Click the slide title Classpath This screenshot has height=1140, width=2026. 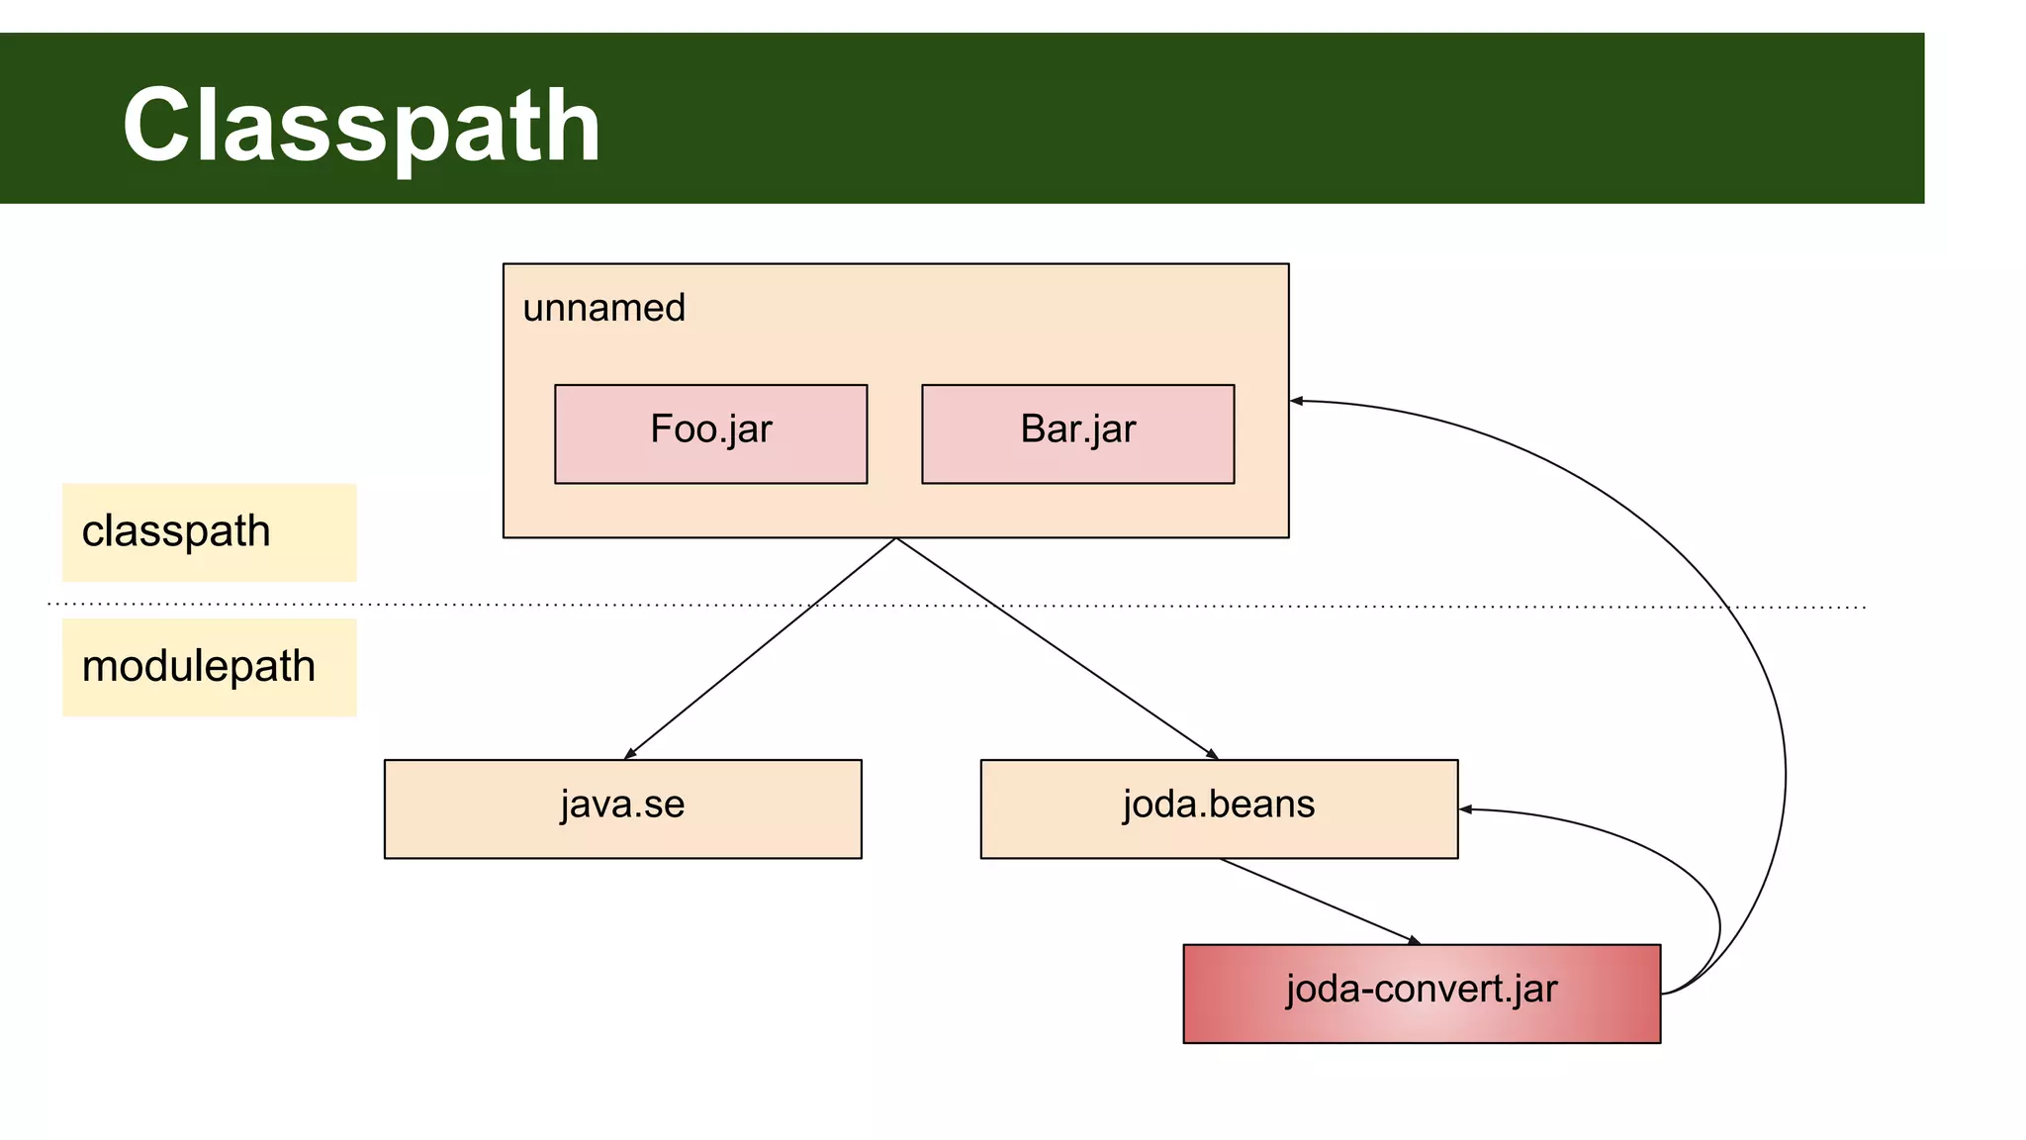[x=361, y=126]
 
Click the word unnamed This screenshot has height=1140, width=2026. [x=603, y=308]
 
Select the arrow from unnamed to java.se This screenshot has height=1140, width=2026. [x=760, y=648]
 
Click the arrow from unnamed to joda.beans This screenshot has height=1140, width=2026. [x=1057, y=648]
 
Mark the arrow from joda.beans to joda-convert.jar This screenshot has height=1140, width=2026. [x=1319, y=901]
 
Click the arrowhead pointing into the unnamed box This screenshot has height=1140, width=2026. [x=1297, y=401]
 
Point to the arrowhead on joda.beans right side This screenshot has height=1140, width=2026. [x=1466, y=809]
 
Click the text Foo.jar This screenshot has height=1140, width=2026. [x=710, y=429]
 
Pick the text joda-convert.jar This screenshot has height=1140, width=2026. [x=1422, y=989]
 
